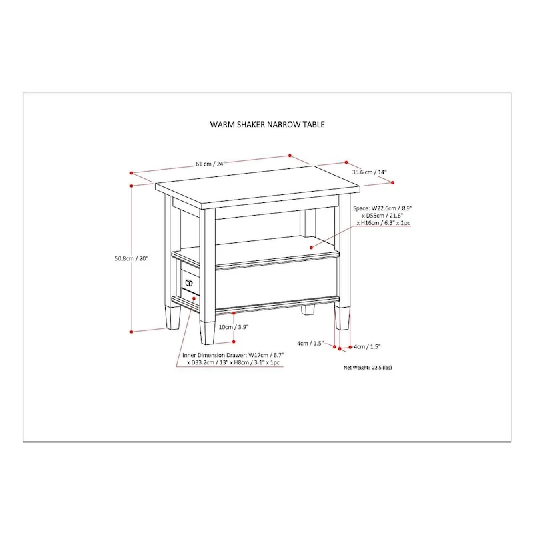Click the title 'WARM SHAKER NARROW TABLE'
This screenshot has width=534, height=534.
click(x=267, y=125)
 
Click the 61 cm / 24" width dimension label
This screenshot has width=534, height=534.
click(x=210, y=164)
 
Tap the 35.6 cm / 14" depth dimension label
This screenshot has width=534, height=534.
click(x=370, y=172)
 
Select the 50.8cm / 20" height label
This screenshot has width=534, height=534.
click(x=131, y=258)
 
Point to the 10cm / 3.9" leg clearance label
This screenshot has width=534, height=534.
click(x=234, y=327)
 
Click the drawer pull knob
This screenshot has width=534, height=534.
click(x=189, y=282)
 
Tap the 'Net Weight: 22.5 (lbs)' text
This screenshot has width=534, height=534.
click(x=368, y=368)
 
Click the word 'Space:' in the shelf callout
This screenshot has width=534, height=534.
click(x=361, y=208)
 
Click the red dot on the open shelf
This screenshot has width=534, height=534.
click(x=311, y=248)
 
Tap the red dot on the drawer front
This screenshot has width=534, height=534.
click(x=194, y=298)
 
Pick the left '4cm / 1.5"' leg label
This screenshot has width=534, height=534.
click(x=310, y=343)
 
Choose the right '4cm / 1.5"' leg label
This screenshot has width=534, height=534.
click(x=367, y=346)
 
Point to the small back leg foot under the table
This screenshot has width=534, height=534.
click(x=308, y=310)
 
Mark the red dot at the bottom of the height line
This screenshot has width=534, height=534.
click(x=131, y=332)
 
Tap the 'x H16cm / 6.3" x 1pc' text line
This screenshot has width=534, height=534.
click(x=383, y=223)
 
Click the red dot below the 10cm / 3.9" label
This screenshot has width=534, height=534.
click(x=234, y=342)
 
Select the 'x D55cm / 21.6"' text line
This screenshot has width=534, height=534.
click(x=382, y=216)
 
